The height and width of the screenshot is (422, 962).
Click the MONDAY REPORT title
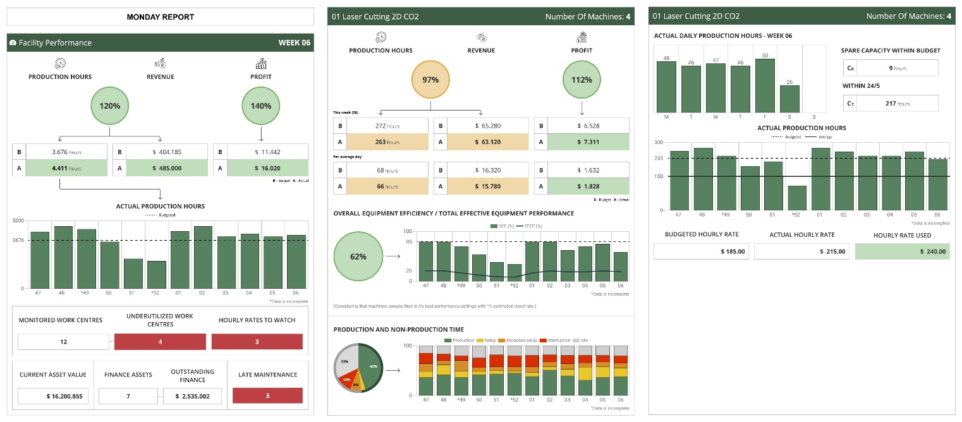pos(161,17)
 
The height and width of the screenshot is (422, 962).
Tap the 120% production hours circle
pos(109,106)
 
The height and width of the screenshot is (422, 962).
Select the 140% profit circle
pos(260,106)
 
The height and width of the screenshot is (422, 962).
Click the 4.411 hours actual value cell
pos(66,168)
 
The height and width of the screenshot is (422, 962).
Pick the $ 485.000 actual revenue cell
pos(167,168)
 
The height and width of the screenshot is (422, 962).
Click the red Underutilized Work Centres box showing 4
pos(160,342)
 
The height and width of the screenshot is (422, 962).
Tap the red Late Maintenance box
pos(267,395)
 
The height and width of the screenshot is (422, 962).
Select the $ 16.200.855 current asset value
pos(53,396)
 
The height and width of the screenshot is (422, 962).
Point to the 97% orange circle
pos(430,80)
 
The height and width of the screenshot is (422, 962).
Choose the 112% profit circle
pos(581,80)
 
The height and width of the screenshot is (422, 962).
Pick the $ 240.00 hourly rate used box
pos(902,251)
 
